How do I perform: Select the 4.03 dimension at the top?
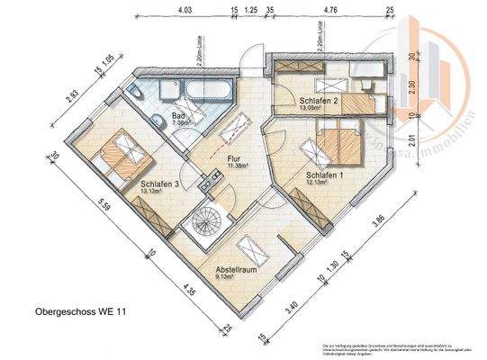185,12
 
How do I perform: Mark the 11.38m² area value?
238,166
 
